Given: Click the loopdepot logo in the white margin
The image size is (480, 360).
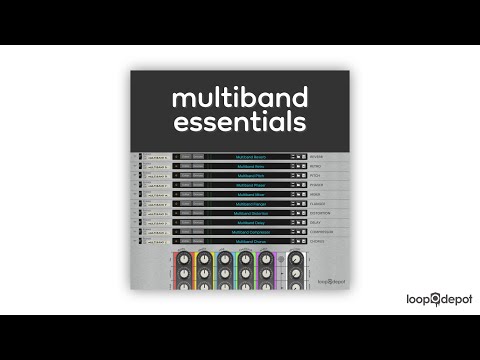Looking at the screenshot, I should (x=439, y=298).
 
